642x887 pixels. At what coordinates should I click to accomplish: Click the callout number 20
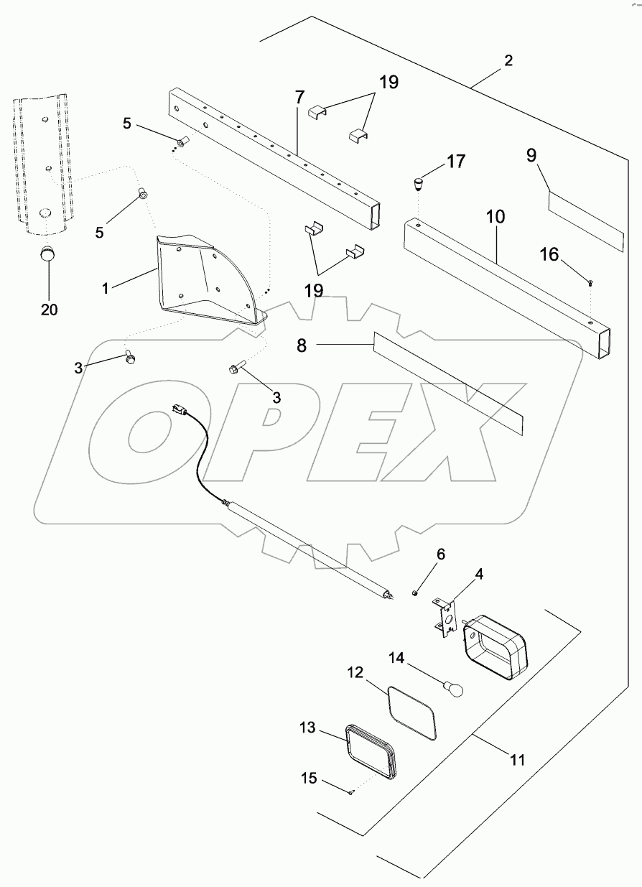49,310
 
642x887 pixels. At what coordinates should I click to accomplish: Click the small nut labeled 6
416,593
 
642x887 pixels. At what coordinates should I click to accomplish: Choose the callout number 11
518,758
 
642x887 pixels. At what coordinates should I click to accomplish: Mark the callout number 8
302,345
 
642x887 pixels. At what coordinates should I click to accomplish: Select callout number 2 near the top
508,60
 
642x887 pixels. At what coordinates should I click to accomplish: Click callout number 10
496,216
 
